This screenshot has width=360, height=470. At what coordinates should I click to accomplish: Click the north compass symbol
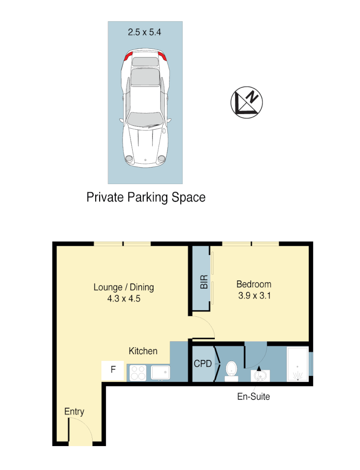[x=247, y=103]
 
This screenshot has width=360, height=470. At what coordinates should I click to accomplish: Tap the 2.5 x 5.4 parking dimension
[x=145, y=32]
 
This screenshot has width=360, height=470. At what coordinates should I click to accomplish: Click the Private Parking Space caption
[x=146, y=197]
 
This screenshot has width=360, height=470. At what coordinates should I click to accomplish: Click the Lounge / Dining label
[x=124, y=287]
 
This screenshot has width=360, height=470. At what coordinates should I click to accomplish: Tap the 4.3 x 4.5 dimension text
[x=124, y=299]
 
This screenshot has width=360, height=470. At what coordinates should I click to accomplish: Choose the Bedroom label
[x=253, y=284]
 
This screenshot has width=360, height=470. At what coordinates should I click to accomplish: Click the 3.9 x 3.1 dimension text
[x=253, y=296]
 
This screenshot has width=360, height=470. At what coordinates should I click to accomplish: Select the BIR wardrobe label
[x=203, y=282]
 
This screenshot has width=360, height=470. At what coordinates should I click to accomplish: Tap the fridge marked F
[x=113, y=370]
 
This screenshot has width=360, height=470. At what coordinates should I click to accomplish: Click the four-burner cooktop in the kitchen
[x=138, y=373]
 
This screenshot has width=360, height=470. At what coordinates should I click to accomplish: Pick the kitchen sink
[x=160, y=373]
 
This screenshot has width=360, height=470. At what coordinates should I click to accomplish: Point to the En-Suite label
[x=253, y=396]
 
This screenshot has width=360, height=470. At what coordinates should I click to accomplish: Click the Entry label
[x=74, y=412]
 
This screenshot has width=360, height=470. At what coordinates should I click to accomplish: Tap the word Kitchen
[x=143, y=351]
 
